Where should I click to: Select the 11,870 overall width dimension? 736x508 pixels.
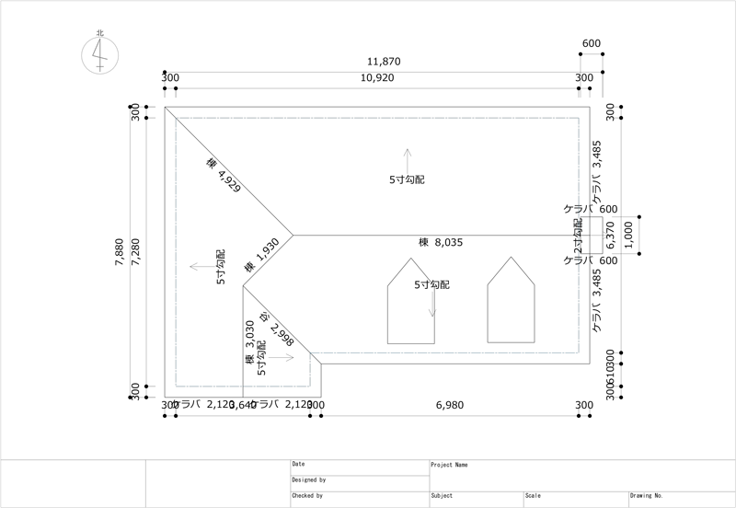pos(384,62)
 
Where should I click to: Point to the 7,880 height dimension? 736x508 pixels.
pos(119,252)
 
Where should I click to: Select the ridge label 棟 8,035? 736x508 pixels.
pos(447,243)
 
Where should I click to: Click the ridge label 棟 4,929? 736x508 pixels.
pos(224,175)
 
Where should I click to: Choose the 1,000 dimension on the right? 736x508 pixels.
pos(628,234)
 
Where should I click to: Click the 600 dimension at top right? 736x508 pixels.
pos(592,44)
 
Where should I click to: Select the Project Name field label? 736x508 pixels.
pos(450,465)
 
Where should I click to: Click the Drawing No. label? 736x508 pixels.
pos(646,496)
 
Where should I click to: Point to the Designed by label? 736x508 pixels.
pos(308,480)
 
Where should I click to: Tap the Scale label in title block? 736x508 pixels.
pos(533,496)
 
